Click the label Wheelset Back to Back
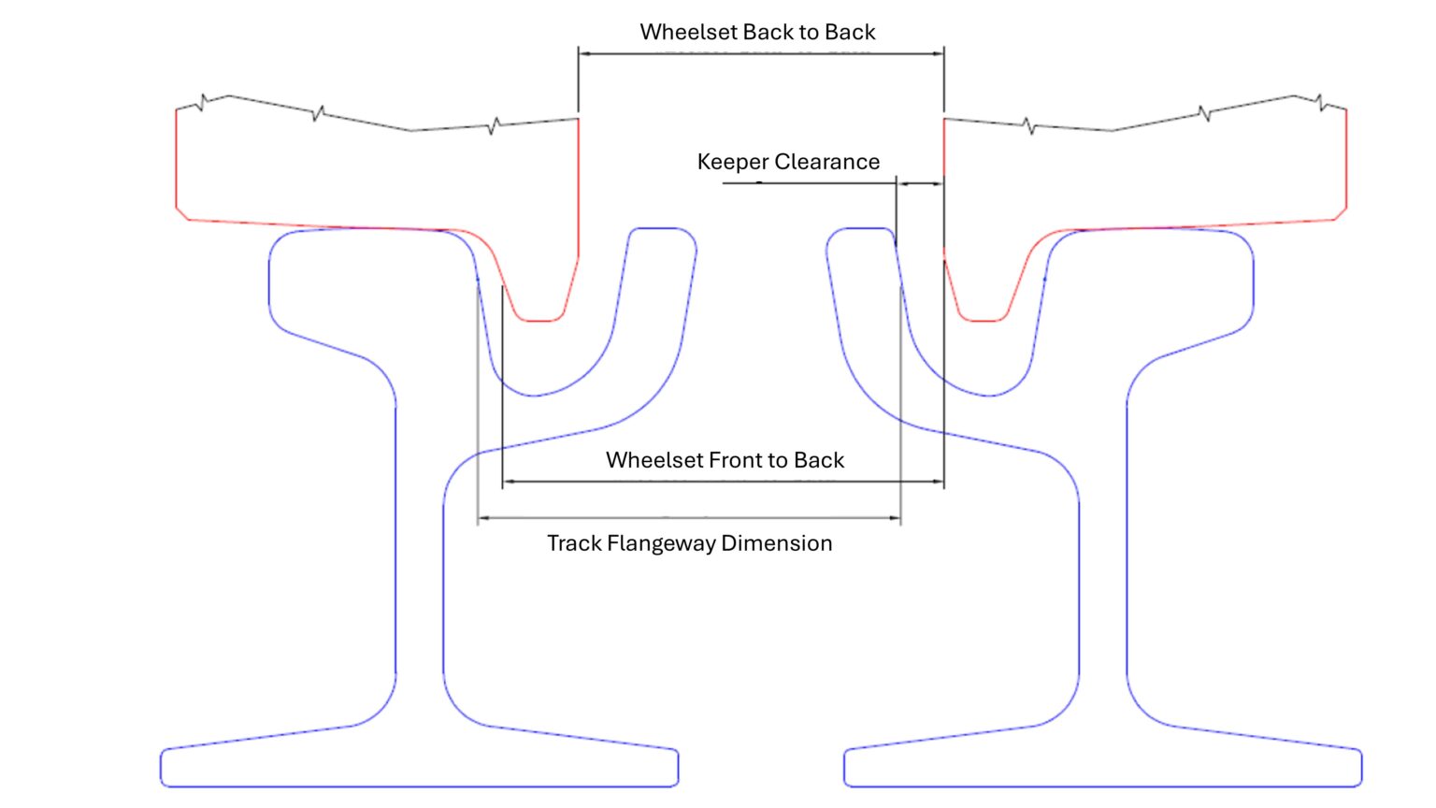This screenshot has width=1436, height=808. (x=757, y=32)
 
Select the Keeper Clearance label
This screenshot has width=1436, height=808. (x=788, y=162)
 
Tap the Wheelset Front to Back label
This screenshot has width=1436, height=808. (x=725, y=460)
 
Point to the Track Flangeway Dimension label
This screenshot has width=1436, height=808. (x=689, y=543)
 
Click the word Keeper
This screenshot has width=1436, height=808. (x=732, y=162)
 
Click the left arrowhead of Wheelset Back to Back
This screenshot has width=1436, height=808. (x=583, y=54)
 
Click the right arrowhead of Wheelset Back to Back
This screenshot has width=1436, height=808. (x=939, y=54)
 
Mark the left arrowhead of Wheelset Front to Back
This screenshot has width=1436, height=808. (x=508, y=482)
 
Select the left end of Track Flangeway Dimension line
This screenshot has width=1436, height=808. (x=479, y=517)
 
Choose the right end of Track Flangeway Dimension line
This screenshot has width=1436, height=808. (x=900, y=517)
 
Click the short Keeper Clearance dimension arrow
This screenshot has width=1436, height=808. (x=920, y=183)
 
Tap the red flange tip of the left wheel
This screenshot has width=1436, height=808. (x=540, y=321)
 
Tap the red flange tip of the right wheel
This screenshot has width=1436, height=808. (x=983, y=321)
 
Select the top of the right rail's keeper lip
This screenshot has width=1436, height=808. (x=860, y=228)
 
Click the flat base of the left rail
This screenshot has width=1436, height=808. (x=419, y=786)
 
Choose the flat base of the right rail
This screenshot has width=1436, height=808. (x=1103, y=786)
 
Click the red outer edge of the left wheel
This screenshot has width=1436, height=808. (x=177, y=159)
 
